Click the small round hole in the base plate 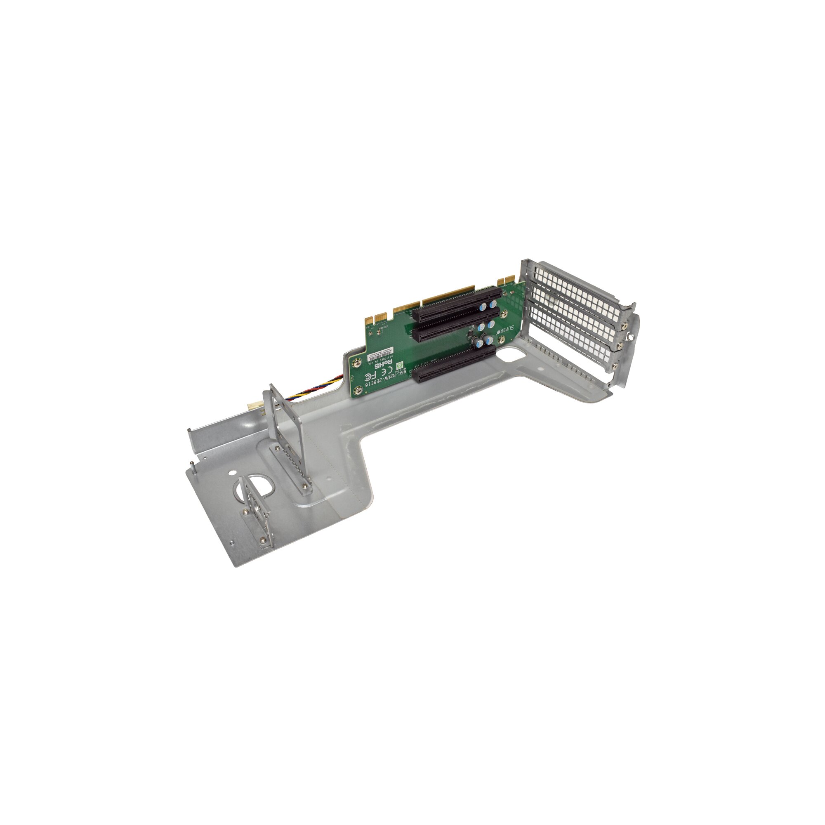coord(232,473)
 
